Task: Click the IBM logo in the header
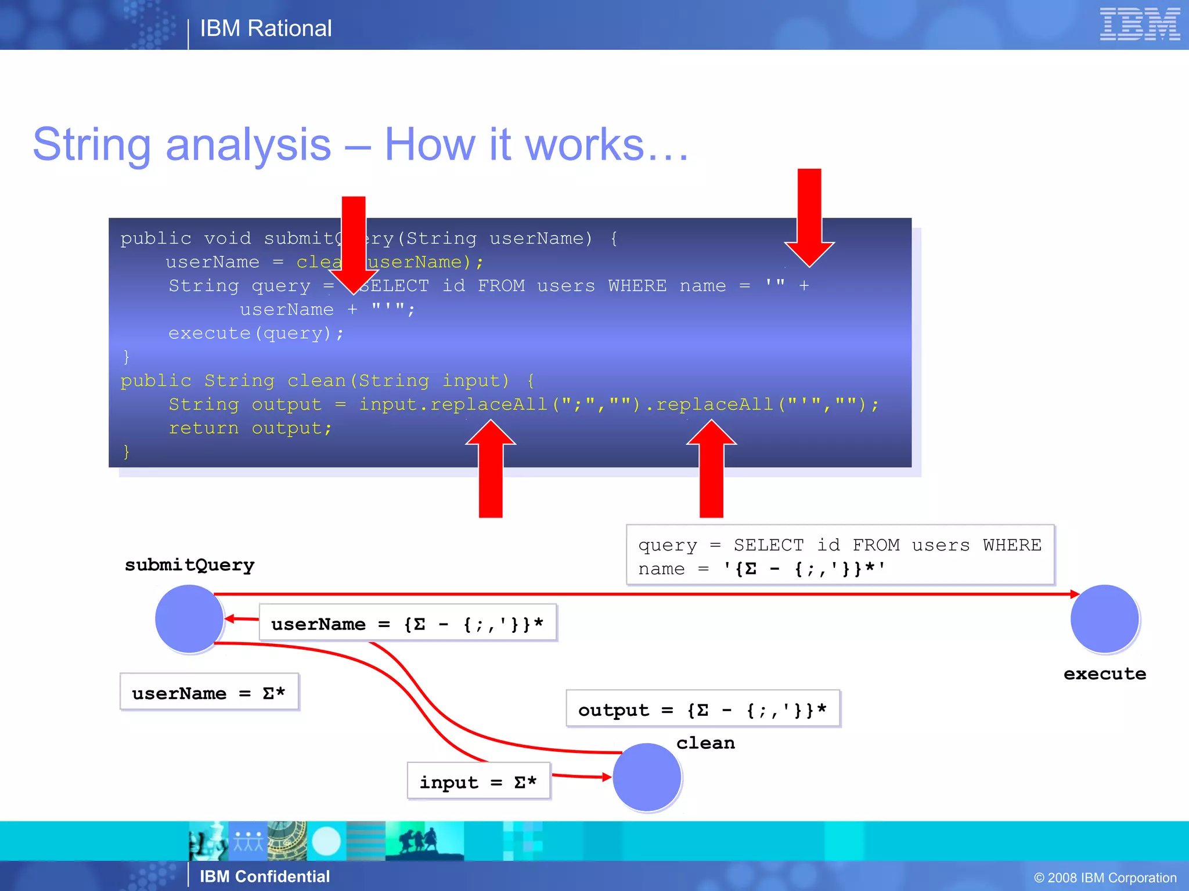click(x=1139, y=24)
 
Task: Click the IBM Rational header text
click(x=265, y=28)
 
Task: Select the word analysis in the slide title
click(x=248, y=144)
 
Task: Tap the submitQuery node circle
click(x=189, y=618)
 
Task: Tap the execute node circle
click(x=1104, y=618)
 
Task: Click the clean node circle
click(x=647, y=777)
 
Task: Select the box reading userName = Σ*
click(x=209, y=692)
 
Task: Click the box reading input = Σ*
click(x=478, y=781)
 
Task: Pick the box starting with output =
click(x=702, y=709)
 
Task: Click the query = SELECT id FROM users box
click(x=839, y=555)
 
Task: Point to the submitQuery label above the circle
click(x=189, y=564)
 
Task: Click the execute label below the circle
click(x=1104, y=673)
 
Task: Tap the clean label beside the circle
click(x=705, y=742)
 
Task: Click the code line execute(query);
click(x=255, y=333)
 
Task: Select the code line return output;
click(x=250, y=428)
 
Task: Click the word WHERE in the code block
click(x=637, y=286)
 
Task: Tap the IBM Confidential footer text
click(x=265, y=876)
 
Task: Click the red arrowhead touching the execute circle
click(x=1075, y=594)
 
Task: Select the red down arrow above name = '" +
click(x=809, y=218)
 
